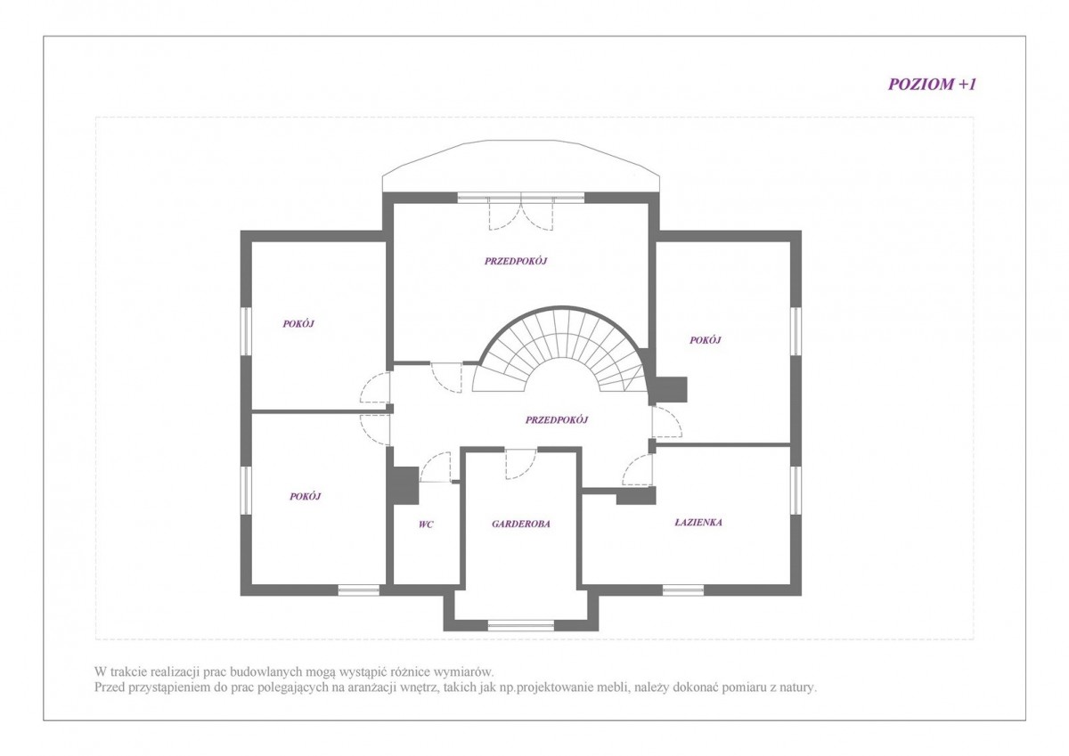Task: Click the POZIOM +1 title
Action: [932, 85]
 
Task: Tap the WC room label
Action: [426, 524]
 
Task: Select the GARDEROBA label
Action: [520, 524]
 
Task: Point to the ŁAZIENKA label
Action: [698, 523]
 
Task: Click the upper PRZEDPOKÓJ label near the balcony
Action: [516, 261]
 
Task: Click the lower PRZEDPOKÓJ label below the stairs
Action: [557, 419]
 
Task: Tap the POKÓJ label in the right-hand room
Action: [705, 340]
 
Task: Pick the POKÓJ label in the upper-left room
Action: [298, 324]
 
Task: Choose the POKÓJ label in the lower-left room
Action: [305, 497]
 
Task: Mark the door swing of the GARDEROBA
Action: [520, 464]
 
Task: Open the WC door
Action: [435, 467]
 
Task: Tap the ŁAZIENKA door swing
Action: [638, 470]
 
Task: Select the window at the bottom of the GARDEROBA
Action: [520, 625]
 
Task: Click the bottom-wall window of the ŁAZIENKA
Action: [683, 590]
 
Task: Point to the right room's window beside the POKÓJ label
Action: [796, 331]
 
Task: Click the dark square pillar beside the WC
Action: [404, 485]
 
